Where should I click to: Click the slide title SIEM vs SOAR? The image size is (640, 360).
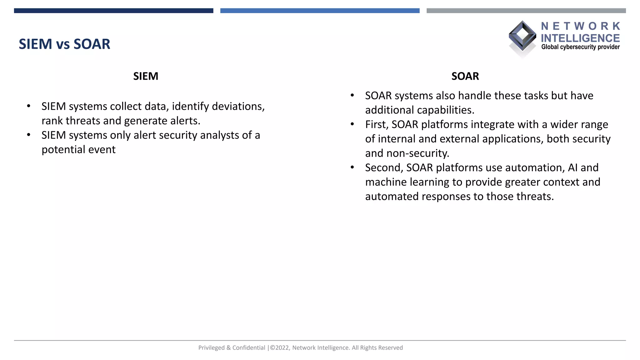coord(64,44)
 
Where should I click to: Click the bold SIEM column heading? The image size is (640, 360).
coord(146,76)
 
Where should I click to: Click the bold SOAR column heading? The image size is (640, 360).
coord(465,76)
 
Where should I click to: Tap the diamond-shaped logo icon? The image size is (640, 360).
coord(522,36)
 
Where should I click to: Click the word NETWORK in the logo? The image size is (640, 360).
coord(580,26)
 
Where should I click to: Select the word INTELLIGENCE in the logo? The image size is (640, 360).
coord(580,38)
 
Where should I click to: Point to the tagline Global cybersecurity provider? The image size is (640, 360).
coord(580,47)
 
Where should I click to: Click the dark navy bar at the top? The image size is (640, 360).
coord(113,11)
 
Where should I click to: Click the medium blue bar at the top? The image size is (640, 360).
coord(320,11)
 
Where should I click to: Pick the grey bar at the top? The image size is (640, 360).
coord(526,11)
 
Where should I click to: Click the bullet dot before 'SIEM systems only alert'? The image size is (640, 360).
coord(29,135)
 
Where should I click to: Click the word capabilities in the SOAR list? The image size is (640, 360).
coord(445,110)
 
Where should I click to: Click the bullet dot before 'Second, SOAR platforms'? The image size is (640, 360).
coord(352,167)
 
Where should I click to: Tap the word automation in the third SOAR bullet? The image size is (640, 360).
coord(533,167)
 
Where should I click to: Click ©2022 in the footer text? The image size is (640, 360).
coord(280,348)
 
